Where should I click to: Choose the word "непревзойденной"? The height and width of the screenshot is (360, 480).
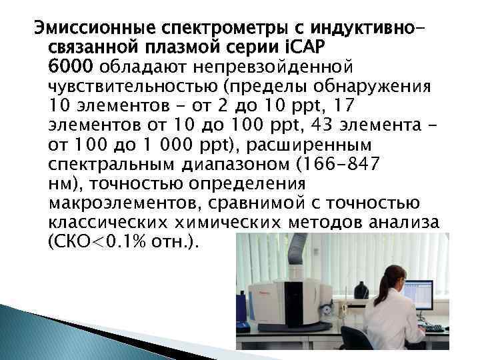273,67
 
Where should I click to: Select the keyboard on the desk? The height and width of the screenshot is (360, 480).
433,327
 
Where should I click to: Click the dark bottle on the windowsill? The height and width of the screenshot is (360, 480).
361,291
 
